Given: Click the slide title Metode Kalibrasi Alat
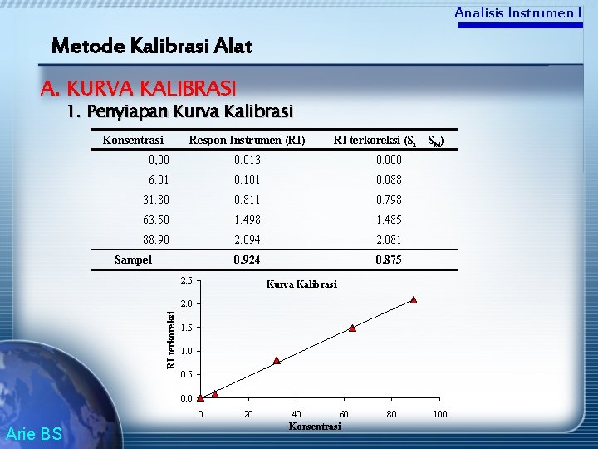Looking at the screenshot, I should (x=151, y=46).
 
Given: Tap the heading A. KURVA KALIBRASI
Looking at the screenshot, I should (x=139, y=87).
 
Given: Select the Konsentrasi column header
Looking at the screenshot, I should (x=133, y=140).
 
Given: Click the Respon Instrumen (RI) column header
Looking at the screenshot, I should (x=247, y=140).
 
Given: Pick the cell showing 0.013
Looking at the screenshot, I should (x=247, y=160).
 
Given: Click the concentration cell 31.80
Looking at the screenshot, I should (x=156, y=200).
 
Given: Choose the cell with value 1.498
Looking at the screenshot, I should (x=247, y=220).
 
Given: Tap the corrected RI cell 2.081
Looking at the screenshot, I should (x=389, y=239).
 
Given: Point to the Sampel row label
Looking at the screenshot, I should (x=133, y=259).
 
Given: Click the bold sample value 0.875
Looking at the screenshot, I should (x=389, y=259).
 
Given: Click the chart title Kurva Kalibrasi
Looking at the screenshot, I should (x=301, y=284).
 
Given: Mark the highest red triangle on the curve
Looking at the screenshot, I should (x=413, y=300).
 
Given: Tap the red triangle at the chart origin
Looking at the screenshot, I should (x=200, y=397).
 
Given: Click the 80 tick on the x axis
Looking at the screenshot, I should (x=392, y=414).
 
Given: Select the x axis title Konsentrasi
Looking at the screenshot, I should (x=314, y=427).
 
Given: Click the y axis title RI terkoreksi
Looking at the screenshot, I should (x=170, y=338).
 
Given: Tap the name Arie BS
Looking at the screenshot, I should (x=33, y=433).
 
